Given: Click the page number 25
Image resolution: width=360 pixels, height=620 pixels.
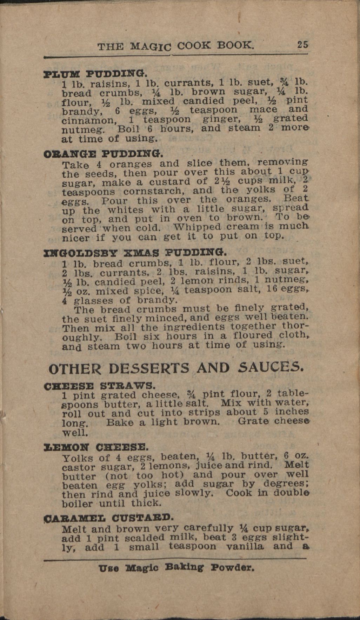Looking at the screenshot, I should pos(302,45).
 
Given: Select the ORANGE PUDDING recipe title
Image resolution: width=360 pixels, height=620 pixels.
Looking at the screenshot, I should pos(104,154).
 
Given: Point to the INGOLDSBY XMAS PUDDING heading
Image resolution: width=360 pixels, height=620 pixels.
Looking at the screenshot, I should pos(135,253).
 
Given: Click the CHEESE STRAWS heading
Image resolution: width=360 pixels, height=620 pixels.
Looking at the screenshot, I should pos(99,386).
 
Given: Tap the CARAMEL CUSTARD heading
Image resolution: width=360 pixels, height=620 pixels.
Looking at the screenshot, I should pos(108,518).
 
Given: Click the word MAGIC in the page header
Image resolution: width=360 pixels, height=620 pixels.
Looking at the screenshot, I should pos(151,46).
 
